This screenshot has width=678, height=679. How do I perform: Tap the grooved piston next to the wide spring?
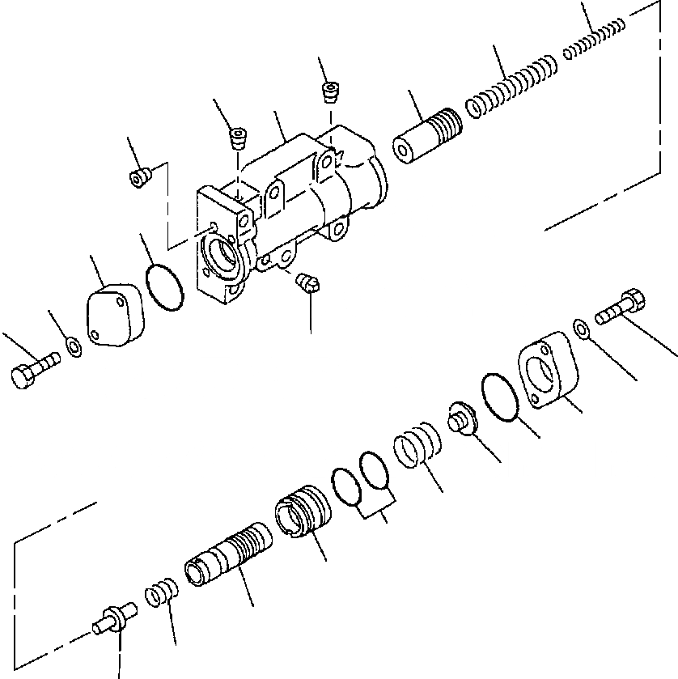tap(427, 138)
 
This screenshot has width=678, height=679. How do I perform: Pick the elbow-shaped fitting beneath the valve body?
tap(308, 282)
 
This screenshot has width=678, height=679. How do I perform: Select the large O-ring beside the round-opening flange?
tap(502, 397)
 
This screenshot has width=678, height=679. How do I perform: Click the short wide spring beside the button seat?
tap(417, 448)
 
